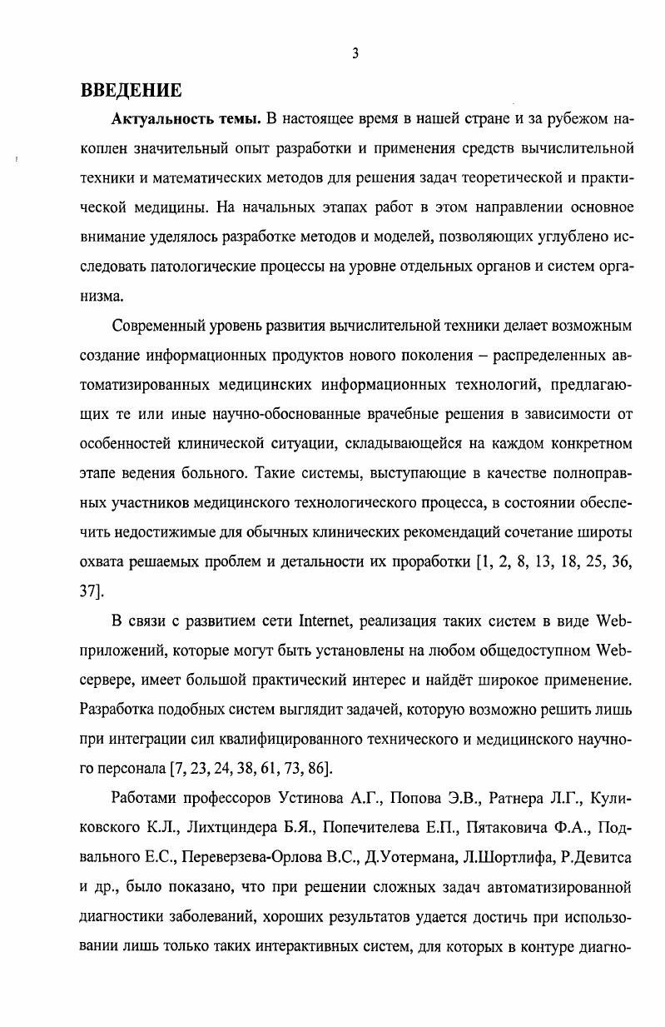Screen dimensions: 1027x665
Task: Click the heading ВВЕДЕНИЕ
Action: coord(131,90)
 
